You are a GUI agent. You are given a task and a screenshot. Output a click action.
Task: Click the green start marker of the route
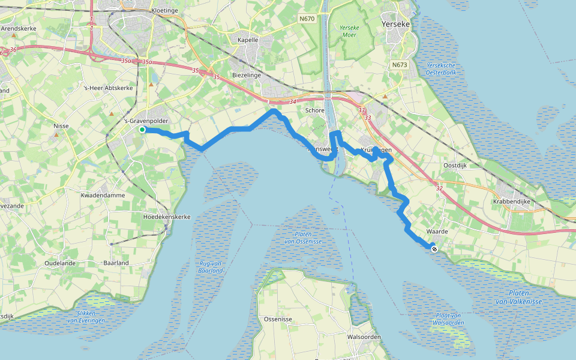click(142, 130)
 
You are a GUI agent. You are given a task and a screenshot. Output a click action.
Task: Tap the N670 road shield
click(307, 19)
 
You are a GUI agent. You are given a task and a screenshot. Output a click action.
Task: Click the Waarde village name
click(437, 231)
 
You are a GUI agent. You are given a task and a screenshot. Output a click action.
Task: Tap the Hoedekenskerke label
click(166, 216)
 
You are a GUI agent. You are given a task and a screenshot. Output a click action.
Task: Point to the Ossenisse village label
click(278, 319)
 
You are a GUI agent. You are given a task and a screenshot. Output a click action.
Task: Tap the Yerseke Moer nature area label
click(349, 31)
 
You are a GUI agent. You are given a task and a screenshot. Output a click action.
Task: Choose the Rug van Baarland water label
click(211, 266)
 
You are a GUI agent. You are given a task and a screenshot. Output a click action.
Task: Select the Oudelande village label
click(62, 263)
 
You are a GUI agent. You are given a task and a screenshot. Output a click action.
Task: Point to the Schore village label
click(315, 110)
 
